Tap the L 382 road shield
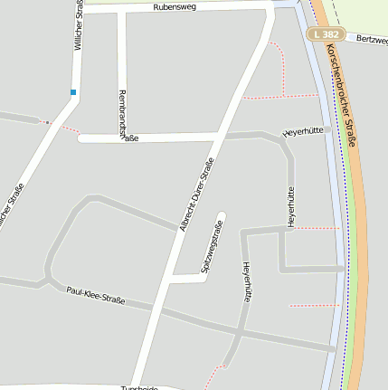tap(326, 33)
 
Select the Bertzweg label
tap(371, 40)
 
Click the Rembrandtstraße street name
tap(123, 117)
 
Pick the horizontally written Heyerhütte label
tap(303, 132)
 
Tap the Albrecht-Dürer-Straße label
tap(197, 195)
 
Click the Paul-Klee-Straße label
tap(95, 294)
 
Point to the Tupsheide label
tap(139, 387)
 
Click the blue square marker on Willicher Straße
tap(73, 91)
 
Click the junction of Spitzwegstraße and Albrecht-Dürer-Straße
tap(169, 280)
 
